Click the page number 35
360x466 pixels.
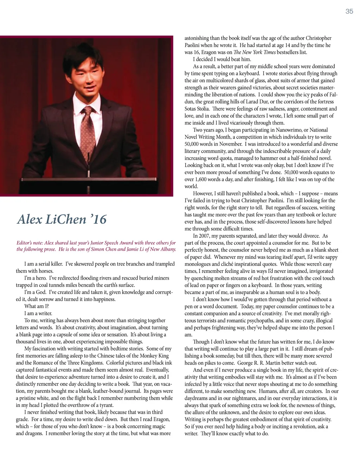(349, 11)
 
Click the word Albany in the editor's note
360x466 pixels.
(167, 249)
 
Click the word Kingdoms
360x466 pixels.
(92, 363)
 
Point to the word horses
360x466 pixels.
(46, 271)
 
